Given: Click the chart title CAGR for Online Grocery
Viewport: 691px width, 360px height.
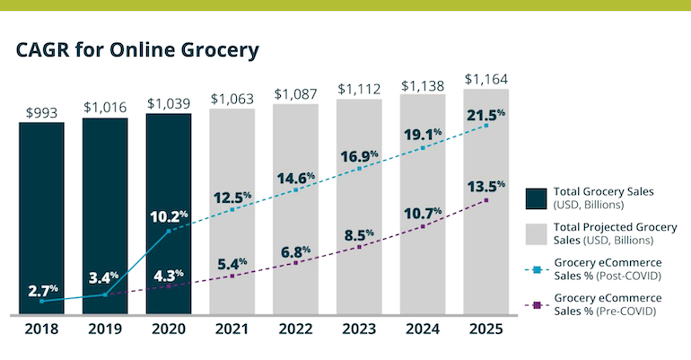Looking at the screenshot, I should coord(137,50).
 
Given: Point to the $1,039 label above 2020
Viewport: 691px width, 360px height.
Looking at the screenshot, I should coord(168,104).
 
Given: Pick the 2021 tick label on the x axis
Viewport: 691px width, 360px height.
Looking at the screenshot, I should coord(232,329).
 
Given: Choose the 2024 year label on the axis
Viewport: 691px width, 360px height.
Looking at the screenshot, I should coord(423,329).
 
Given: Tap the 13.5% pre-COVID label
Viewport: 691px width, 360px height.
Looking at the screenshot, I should coord(486,187).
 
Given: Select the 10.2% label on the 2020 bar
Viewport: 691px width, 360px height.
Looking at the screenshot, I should coord(169,215).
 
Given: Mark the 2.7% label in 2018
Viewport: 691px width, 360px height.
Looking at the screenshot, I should coord(42,290).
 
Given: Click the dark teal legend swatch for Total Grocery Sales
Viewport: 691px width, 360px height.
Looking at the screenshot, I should coord(537,197).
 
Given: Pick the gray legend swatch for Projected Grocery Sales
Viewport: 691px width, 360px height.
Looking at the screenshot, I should coord(537,233).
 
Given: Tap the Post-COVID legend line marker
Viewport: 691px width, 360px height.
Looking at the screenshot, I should coord(537,268).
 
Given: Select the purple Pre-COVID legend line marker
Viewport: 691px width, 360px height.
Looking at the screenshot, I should coord(537,304).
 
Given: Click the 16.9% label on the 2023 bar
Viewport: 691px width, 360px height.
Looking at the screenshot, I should coord(359,156).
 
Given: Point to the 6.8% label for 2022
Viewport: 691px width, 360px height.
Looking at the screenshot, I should coord(295,250).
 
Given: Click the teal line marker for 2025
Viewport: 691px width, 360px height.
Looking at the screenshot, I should coord(486,126).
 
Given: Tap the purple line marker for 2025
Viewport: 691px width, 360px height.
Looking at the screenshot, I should coord(486,199).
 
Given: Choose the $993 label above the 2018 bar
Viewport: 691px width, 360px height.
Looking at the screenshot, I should coord(41,113).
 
